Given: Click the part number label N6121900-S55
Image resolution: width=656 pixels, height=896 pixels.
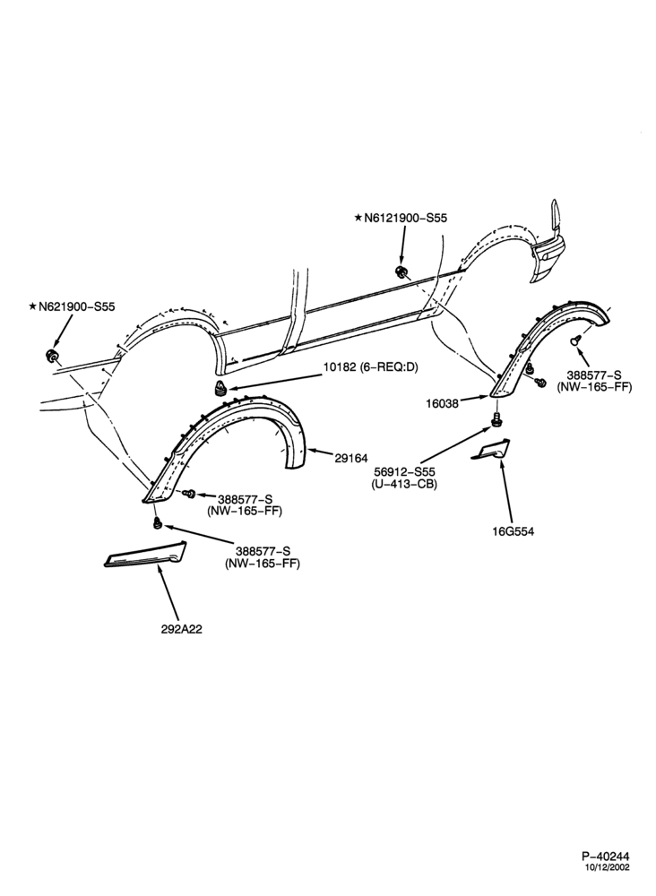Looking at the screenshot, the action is (400, 218).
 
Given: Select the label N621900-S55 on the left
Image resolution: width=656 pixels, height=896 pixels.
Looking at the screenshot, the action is (72, 306).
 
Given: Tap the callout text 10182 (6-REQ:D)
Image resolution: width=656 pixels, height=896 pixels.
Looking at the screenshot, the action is (370, 367).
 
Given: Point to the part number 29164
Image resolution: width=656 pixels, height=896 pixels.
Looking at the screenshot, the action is (351, 458).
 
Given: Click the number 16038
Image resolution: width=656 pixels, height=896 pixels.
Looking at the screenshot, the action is (442, 403).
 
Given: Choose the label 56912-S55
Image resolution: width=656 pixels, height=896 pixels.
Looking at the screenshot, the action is (404, 472).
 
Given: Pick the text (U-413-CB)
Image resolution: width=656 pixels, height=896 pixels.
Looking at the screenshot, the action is (404, 484).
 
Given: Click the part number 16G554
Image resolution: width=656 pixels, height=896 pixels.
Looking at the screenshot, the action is (513, 530).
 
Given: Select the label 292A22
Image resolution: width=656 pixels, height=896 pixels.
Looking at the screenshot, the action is (181, 629).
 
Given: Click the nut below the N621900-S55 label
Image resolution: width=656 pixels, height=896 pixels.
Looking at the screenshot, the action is (51, 356).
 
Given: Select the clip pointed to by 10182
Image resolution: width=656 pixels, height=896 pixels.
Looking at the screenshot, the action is (220, 387).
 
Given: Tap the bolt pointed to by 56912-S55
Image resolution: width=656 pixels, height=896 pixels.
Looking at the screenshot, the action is (496, 418).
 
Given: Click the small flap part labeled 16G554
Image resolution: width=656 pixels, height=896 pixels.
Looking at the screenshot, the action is (491, 450).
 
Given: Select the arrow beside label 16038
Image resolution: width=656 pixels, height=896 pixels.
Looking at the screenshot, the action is (475, 399).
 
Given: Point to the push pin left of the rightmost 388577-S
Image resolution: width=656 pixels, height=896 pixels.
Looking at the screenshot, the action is (574, 340).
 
